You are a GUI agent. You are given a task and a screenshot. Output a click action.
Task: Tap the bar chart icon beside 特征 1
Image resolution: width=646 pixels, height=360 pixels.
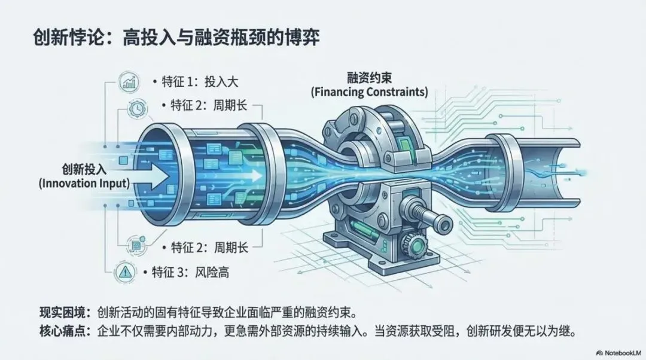point(128,82)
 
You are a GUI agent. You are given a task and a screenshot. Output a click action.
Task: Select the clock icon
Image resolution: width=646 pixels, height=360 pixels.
point(136,108)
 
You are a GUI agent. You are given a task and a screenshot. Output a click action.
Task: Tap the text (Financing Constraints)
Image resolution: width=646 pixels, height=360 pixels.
point(369,93)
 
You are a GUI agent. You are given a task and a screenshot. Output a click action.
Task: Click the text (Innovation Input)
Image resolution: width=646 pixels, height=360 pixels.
point(84,183)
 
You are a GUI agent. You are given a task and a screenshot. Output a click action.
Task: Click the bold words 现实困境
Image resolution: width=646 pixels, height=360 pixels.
point(61,313)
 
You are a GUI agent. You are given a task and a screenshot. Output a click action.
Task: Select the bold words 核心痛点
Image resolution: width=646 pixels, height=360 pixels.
point(61,331)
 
